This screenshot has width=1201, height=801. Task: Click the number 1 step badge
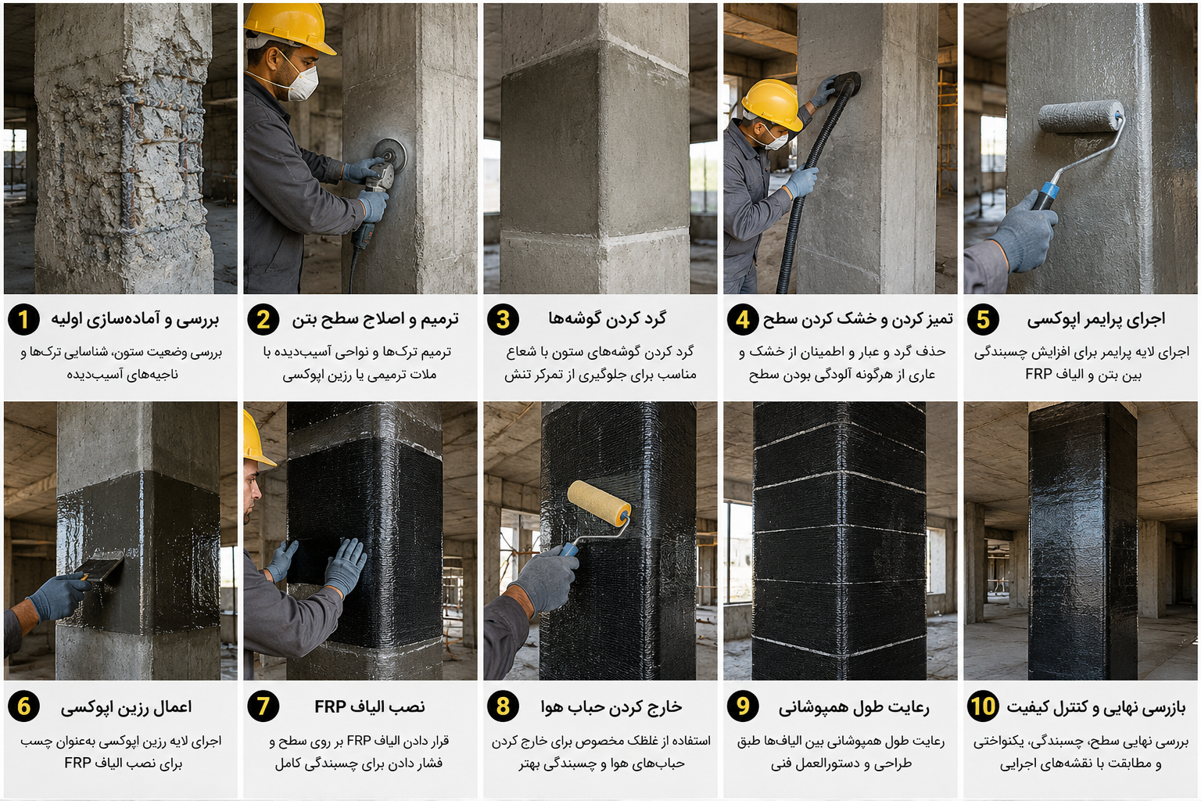[23, 319]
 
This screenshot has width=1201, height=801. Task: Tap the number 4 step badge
[743, 319]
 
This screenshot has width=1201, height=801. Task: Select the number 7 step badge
[263, 706]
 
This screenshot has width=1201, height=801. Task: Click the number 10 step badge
[983, 706]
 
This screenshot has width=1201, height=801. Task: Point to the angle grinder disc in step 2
[390, 155]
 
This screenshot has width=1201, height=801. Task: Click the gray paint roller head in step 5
[1080, 117]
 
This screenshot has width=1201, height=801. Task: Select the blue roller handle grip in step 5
[1045, 196]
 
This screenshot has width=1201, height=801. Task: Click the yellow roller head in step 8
[599, 503]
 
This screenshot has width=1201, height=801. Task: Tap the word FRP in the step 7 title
[330, 706]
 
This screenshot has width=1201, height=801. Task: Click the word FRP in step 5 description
[1038, 374]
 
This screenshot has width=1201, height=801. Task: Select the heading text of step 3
[607, 318]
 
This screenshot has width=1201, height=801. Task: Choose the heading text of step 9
[854, 707]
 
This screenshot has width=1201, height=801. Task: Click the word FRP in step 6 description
[77, 763]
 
